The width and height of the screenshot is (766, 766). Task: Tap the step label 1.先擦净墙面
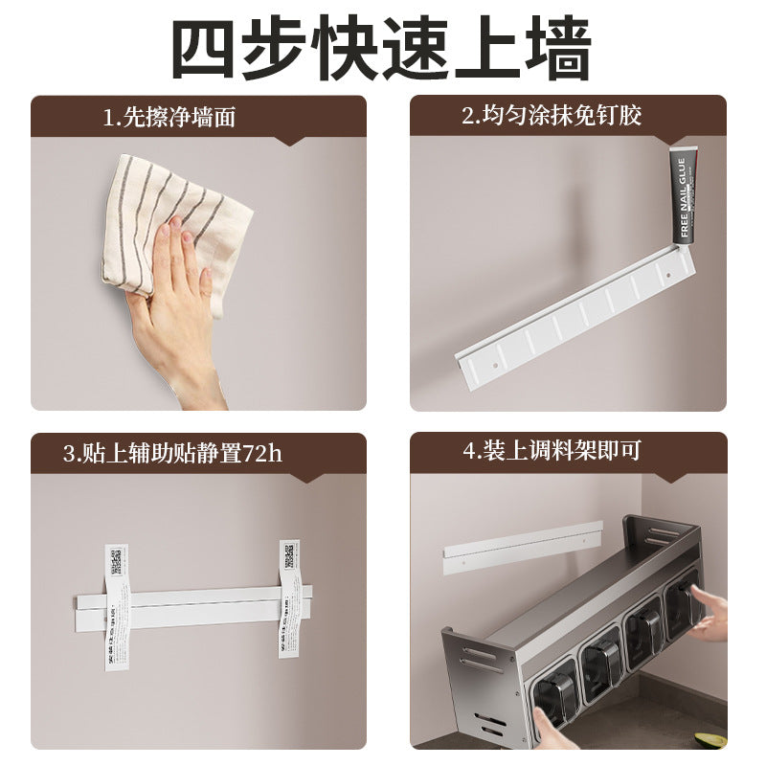tap(169, 118)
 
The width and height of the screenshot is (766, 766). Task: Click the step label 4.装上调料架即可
tap(552, 452)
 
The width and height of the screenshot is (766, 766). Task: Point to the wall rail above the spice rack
tap(522, 545)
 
